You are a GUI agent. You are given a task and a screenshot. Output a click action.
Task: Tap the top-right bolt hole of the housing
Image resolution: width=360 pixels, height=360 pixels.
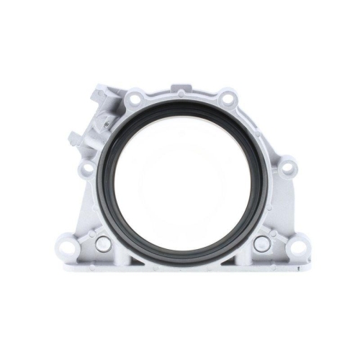(x=228, y=97)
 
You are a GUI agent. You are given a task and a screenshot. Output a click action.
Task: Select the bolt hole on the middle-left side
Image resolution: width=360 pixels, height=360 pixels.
(x=86, y=169)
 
